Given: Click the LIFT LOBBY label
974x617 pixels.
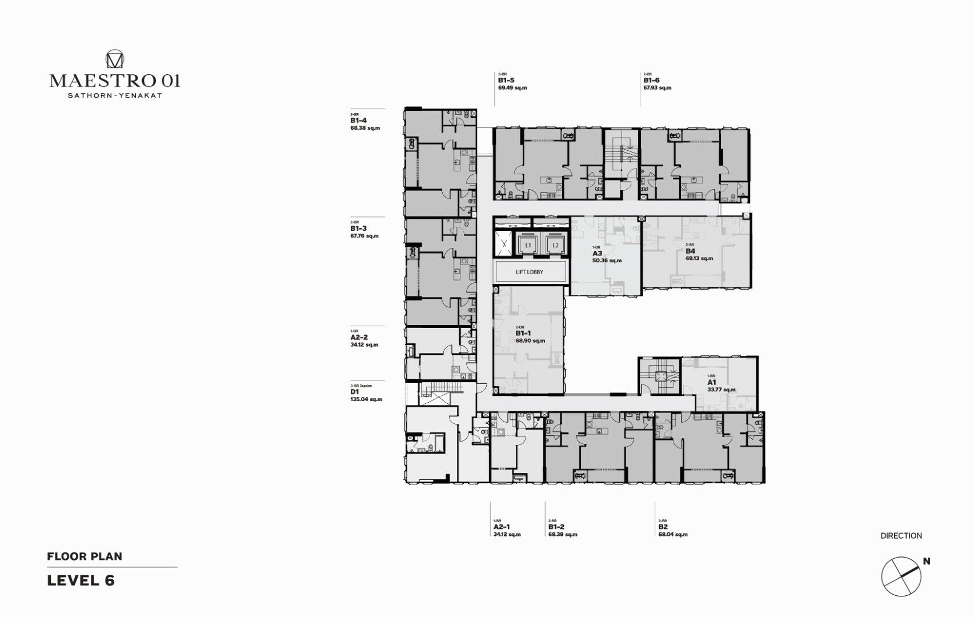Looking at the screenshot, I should pos(529,272).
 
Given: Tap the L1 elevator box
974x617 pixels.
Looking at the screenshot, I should pos(528,246).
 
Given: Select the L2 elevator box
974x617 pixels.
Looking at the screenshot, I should pos(555,246).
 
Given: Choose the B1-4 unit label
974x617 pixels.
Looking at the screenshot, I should pos(359,121).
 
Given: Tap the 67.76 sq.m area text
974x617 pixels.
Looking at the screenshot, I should pos(364,236).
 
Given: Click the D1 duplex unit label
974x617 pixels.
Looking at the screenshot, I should pos(354,392).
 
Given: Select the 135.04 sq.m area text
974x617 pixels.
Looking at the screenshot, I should pos(366,399).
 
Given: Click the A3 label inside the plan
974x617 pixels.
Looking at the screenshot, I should pos(597,253).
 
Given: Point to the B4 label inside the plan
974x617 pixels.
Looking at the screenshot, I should pos(690,251).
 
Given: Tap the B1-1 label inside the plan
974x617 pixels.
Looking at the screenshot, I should pos(523,333).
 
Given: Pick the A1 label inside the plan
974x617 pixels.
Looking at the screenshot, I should pos(712,382).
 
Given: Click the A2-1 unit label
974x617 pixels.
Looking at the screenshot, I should pos(502,527).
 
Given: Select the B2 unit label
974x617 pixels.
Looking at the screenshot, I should pos(663,527).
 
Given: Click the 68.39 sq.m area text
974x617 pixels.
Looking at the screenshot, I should pos(563,535).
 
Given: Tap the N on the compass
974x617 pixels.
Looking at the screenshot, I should pos(927,562).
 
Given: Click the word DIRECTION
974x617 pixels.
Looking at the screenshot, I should pos(901,536).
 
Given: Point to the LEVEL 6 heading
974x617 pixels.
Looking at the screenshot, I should pos(81,580).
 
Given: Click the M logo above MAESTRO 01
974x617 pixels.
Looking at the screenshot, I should pos(115,59).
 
